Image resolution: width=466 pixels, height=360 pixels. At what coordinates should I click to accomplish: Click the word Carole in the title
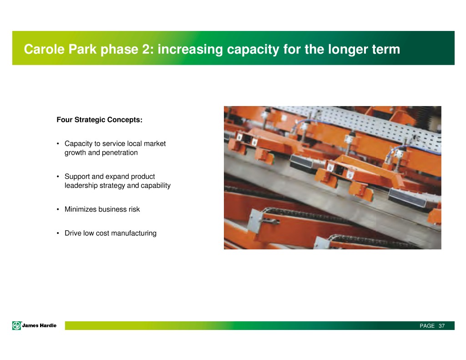click(x=44, y=49)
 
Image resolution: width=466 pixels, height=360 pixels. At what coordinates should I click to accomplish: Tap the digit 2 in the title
click(x=146, y=49)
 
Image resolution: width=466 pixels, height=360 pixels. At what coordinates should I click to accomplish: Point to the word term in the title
click(x=386, y=49)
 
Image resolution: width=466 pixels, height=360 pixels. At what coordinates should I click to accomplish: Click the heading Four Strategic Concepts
click(x=100, y=120)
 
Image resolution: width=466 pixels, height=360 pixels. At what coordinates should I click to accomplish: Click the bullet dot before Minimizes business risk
click(x=58, y=209)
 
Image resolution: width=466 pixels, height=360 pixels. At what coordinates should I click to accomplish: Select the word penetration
click(x=120, y=153)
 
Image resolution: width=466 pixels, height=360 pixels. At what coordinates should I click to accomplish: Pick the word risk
click(x=134, y=209)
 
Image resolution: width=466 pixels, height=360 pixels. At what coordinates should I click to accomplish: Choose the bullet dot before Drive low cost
click(x=58, y=233)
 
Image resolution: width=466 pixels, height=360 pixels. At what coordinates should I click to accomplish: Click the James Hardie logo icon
click(x=17, y=325)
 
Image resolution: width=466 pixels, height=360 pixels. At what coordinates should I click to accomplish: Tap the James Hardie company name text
click(x=39, y=325)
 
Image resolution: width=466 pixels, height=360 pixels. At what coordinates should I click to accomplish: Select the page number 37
click(x=441, y=326)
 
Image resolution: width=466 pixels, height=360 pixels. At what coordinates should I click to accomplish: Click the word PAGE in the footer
click(x=427, y=326)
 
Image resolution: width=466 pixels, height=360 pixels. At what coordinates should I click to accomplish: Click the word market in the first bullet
click(x=155, y=143)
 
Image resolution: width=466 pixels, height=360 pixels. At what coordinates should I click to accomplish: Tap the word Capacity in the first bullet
click(x=78, y=144)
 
